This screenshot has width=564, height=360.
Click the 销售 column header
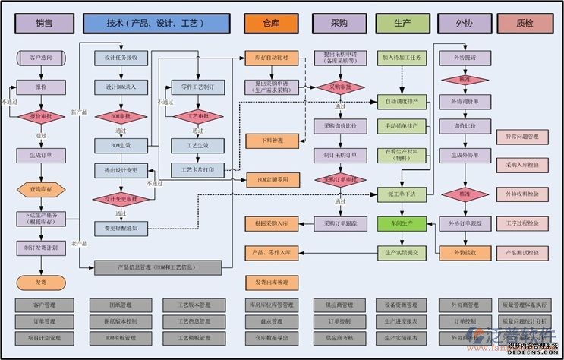pyautogui.click(x=44, y=24)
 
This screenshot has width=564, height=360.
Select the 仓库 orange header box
pyautogui.click(x=271, y=24)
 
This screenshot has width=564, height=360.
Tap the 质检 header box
pyautogui.click(x=525, y=24)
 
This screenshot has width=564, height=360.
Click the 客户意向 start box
pyautogui.click(x=43, y=57)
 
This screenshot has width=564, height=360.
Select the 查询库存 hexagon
pyautogui.click(x=43, y=189)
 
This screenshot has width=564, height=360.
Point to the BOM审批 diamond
pyautogui.click(x=121, y=117)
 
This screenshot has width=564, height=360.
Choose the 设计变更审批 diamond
pyautogui.click(x=121, y=199)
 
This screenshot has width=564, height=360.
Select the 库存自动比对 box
pyautogui.click(x=271, y=58)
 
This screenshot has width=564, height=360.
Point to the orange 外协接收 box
pyautogui.click(x=465, y=252)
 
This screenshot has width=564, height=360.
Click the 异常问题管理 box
pyautogui.click(x=522, y=137)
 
